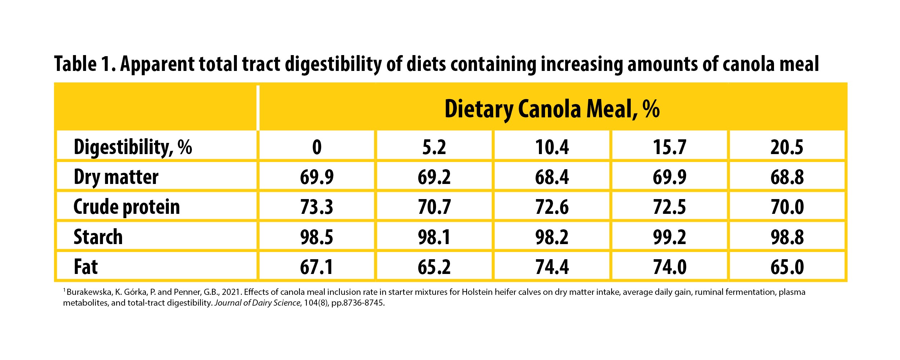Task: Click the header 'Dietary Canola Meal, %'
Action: point(552,109)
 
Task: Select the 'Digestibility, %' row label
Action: point(132,147)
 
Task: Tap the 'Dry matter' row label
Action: point(116,177)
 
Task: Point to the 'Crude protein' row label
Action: point(126,207)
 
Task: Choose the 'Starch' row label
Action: point(98,237)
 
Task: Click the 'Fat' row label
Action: point(86,267)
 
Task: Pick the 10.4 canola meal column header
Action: point(552,147)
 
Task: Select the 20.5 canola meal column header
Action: point(787,147)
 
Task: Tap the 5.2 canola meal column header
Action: point(434,147)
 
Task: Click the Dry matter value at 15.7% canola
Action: point(670,177)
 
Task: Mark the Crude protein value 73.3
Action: point(317,207)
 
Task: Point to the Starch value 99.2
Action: point(670,237)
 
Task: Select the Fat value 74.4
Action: point(552,267)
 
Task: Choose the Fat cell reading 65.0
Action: point(787,267)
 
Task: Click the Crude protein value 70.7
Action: point(434,207)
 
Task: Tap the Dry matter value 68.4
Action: point(552,177)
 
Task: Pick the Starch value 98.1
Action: point(434,237)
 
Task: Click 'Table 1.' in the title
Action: point(85,64)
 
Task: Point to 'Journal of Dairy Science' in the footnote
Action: point(257,303)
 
